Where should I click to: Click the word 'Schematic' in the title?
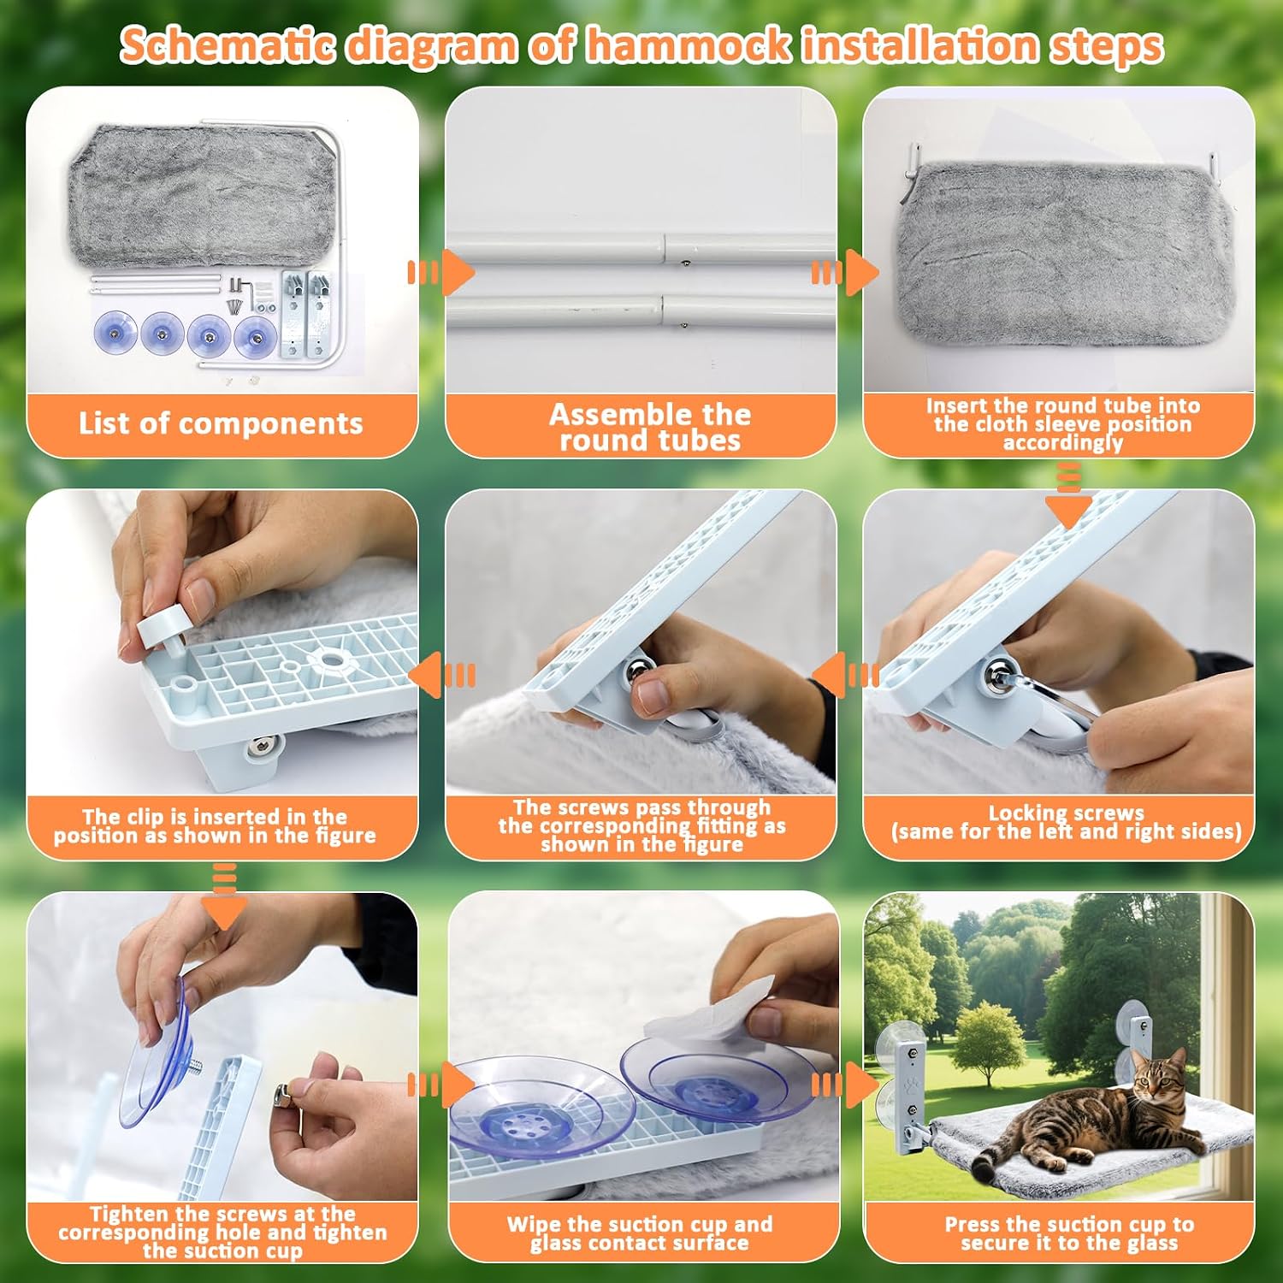(228, 45)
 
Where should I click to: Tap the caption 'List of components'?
(221, 423)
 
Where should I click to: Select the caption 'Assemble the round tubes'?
(650, 427)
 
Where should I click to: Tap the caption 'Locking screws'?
(1067, 813)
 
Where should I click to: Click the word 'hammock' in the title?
(692, 45)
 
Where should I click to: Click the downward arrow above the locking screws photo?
(1068, 496)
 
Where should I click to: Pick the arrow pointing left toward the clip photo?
(442, 676)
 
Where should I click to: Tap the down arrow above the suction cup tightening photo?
(224, 896)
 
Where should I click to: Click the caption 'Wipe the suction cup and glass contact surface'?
(640, 1233)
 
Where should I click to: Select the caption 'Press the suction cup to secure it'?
(1069, 1233)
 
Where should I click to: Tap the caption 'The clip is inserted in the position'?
(215, 825)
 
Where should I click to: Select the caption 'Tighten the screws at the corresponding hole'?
(222, 1232)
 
